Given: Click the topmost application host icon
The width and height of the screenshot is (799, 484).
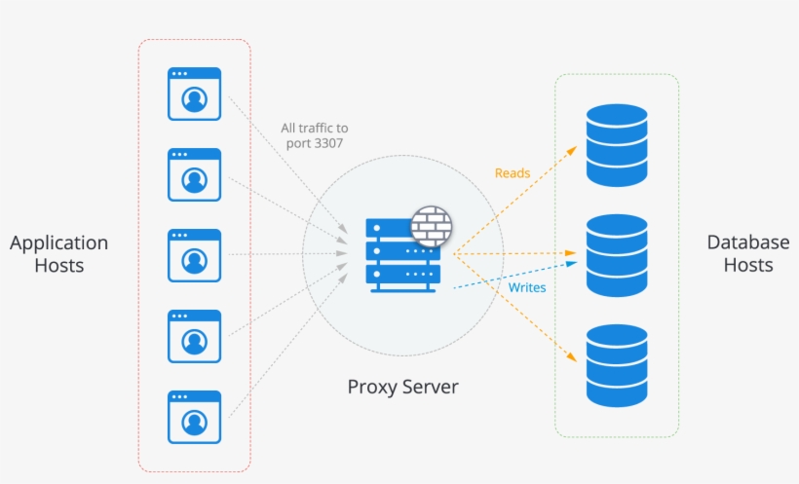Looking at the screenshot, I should [x=194, y=93].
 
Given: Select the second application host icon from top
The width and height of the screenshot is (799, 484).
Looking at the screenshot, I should [x=194, y=174].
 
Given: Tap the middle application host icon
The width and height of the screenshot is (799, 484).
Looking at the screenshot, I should [x=194, y=255].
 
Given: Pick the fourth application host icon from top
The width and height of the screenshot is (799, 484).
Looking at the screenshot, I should [x=194, y=336].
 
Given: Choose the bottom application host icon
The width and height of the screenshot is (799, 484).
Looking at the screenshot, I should [x=194, y=417].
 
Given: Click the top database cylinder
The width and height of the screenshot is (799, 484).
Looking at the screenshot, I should [x=617, y=145].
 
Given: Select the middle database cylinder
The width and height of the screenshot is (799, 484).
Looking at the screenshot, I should [x=617, y=255].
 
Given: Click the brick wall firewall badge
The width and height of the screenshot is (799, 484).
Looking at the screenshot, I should [x=431, y=225].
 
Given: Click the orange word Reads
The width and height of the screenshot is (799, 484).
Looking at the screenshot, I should [x=513, y=173].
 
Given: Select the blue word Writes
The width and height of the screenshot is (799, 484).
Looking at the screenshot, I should [x=527, y=287].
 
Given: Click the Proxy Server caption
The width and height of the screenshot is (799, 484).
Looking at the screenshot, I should [x=402, y=387].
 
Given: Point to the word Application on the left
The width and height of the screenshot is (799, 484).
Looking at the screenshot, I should [x=58, y=242].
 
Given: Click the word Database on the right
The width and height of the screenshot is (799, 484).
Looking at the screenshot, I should [x=747, y=242].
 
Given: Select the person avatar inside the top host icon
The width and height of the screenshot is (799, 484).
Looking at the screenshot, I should [x=194, y=98].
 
